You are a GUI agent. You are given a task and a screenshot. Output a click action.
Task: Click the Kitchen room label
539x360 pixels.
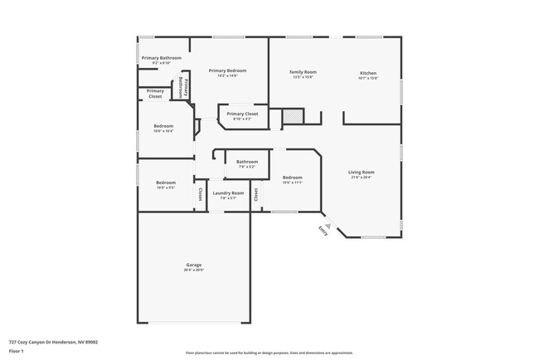pos(368,73)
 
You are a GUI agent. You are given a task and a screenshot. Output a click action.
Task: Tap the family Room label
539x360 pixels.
pos(303,72)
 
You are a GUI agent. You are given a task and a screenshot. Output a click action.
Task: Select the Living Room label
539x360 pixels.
pos(362,173)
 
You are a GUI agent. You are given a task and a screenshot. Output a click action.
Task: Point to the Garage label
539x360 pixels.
pos(193,266)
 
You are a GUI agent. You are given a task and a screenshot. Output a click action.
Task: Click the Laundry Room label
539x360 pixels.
pos(228,193)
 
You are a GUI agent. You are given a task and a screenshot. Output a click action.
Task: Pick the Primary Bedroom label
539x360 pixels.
pos(227,71)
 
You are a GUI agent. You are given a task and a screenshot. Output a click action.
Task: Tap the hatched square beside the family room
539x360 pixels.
pos(294,117)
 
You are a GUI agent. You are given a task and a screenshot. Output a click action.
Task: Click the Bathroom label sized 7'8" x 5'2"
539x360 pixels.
pos(246,162)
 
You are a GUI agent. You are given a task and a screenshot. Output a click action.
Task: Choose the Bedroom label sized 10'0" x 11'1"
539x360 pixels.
pos(293,178)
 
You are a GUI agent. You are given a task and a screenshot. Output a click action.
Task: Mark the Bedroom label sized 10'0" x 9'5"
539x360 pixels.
pos(166,183)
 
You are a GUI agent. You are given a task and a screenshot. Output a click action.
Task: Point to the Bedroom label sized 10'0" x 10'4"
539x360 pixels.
pos(163,127)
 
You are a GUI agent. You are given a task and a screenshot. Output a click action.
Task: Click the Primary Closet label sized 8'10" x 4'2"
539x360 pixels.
pos(242,114)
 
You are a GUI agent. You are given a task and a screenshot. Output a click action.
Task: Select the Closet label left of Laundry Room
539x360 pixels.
pos(200,195)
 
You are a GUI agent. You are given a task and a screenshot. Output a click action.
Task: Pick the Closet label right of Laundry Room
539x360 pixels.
pos(255,194)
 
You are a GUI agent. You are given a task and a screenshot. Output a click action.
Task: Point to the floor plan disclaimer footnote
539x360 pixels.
pos(269,353)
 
